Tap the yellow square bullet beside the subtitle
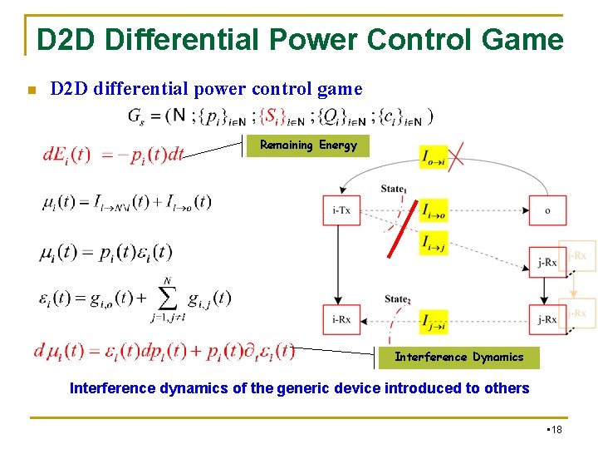pos(30,90)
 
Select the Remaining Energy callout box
pos(308,146)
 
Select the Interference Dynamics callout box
pos(458,358)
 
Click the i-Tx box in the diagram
pos(341,210)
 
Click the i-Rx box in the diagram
pos(341,319)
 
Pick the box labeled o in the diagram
pos(547,210)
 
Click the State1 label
pos(394,189)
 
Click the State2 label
pos(397,299)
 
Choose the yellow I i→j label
pos(434,243)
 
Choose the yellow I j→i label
pos(434,320)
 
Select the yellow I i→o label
pos(434,210)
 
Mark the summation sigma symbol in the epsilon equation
pos(167,299)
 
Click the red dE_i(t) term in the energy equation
pos(66,155)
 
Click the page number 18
pos(556,429)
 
